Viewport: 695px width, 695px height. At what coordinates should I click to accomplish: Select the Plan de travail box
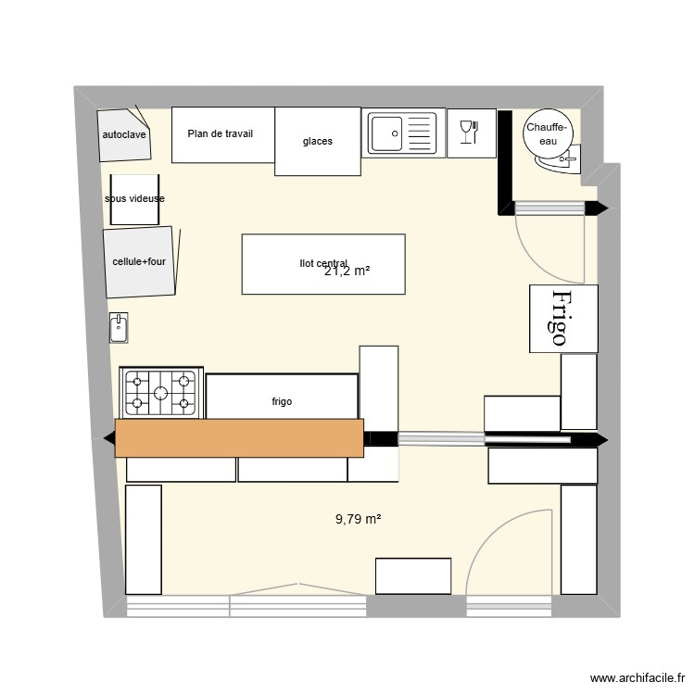click(220, 133)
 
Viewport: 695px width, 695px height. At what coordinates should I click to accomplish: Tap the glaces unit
click(317, 141)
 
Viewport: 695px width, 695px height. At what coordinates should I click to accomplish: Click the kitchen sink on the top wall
click(401, 133)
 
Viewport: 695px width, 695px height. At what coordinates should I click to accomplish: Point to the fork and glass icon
click(468, 133)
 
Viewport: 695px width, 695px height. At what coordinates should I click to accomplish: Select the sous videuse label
click(134, 198)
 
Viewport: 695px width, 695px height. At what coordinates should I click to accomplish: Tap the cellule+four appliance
click(139, 262)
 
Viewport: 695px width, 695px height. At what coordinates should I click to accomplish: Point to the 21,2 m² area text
click(347, 272)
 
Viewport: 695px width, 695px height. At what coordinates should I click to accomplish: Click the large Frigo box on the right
click(562, 318)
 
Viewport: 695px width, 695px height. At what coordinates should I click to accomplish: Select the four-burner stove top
click(162, 391)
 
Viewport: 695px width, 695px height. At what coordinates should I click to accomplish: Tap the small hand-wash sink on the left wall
click(119, 327)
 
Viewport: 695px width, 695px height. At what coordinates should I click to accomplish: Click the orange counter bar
click(239, 437)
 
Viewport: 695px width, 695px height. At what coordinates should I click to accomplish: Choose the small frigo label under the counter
click(282, 401)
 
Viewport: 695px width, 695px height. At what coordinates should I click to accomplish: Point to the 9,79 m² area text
click(358, 520)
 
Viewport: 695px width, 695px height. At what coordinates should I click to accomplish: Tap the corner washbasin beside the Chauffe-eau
click(562, 162)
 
